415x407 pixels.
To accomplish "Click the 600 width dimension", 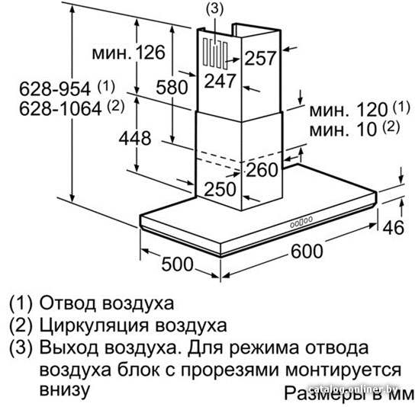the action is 307,251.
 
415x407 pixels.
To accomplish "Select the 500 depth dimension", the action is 177,264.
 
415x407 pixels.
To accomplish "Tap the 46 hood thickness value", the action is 394,228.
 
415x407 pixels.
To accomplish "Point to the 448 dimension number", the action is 135,138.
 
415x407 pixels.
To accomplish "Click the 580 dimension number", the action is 172,88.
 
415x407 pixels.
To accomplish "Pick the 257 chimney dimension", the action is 260,58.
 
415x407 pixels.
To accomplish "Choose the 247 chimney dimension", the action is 220,81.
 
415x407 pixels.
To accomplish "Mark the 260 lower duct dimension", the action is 262,169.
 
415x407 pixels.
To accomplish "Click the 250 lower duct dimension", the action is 220,189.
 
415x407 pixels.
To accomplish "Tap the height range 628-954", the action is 55,88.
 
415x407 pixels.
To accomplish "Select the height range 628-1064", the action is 60,108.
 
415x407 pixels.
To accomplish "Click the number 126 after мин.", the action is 150,53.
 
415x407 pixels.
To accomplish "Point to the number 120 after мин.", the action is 372,110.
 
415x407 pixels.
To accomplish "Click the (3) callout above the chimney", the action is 214,8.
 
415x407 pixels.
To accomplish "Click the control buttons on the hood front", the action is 301,222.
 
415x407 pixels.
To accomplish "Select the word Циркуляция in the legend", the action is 93,326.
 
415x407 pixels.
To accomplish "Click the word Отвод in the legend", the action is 67,303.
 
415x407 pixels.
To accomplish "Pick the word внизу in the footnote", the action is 65,389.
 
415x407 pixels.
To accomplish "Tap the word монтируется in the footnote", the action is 343,370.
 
